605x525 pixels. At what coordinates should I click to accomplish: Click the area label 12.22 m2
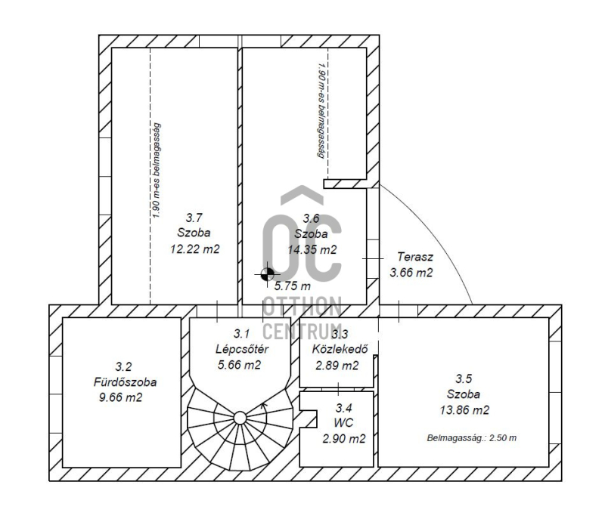click(x=195, y=249)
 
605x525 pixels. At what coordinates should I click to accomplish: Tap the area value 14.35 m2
click(x=312, y=250)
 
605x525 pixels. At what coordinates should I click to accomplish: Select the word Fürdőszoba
click(x=125, y=382)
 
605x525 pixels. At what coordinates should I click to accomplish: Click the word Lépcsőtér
click(x=241, y=349)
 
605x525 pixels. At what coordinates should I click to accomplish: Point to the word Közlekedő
click(x=340, y=349)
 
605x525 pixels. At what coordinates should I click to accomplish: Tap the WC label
click(x=343, y=423)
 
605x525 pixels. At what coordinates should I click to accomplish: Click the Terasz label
click(x=414, y=257)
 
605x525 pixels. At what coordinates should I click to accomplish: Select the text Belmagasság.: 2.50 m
click(x=471, y=438)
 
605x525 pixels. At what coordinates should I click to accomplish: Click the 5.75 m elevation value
click(x=292, y=286)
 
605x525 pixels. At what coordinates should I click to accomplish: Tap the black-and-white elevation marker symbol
click(x=267, y=274)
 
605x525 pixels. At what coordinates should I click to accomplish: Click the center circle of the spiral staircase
click(x=240, y=418)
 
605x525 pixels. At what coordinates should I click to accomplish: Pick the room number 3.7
click(x=194, y=218)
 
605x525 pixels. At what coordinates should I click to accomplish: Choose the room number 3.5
click(x=464, y=378)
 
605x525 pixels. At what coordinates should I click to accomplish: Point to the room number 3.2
click(x=123, y=366)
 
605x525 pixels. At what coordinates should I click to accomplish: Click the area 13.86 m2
click(x=464, y=409)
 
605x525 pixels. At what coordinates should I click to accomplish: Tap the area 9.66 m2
click(x=120, y=397)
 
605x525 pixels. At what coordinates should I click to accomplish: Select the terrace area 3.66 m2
click(x=411, y=273)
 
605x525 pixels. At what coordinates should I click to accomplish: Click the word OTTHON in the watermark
click(x=302, y=307)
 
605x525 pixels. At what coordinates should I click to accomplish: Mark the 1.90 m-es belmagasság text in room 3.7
click(x=156, y=171)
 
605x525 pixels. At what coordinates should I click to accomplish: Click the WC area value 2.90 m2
click(x=344, y=439)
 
